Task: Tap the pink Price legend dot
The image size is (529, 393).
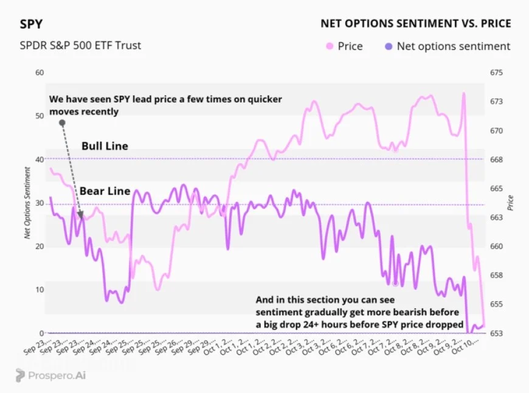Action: tap(330, 46)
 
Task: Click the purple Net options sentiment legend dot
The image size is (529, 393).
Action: tap(388, 46)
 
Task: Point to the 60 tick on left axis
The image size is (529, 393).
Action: tap(41, 73)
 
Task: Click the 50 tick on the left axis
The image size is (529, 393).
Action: tap(41, 116)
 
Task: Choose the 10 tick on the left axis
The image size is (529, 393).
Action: tap(41, 290)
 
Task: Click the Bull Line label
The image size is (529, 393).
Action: tap(105, 146)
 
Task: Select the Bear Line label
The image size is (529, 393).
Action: tap(105, 191)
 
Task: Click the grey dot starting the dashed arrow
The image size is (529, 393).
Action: tap(62, 123)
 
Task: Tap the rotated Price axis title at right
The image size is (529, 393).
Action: tap(511, 203)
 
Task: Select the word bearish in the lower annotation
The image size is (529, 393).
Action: tap(396, 312)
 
